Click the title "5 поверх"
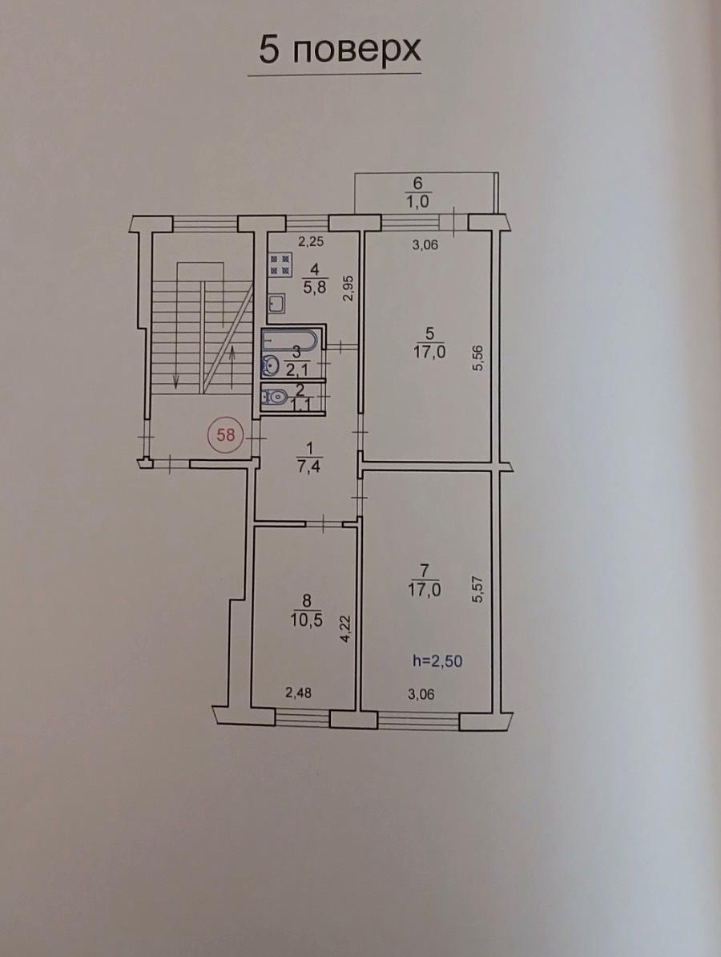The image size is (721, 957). (x=340, y=50)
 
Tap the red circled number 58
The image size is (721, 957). (x=226, y=435)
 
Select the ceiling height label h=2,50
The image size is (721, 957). (x=441, y=660)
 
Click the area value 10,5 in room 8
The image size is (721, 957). (x=308, y=620)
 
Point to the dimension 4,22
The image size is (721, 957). (x=346, y=628)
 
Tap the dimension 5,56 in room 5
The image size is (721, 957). (x=478, y=357)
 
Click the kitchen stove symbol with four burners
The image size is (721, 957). (x=280, y=263)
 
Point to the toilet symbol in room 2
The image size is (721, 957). (x=273, y=398)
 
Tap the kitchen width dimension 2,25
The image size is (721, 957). (x=311, y=242)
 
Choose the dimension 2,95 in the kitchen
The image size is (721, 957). (x=348, y=288)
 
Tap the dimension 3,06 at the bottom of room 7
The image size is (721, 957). (x=421, y=693)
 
